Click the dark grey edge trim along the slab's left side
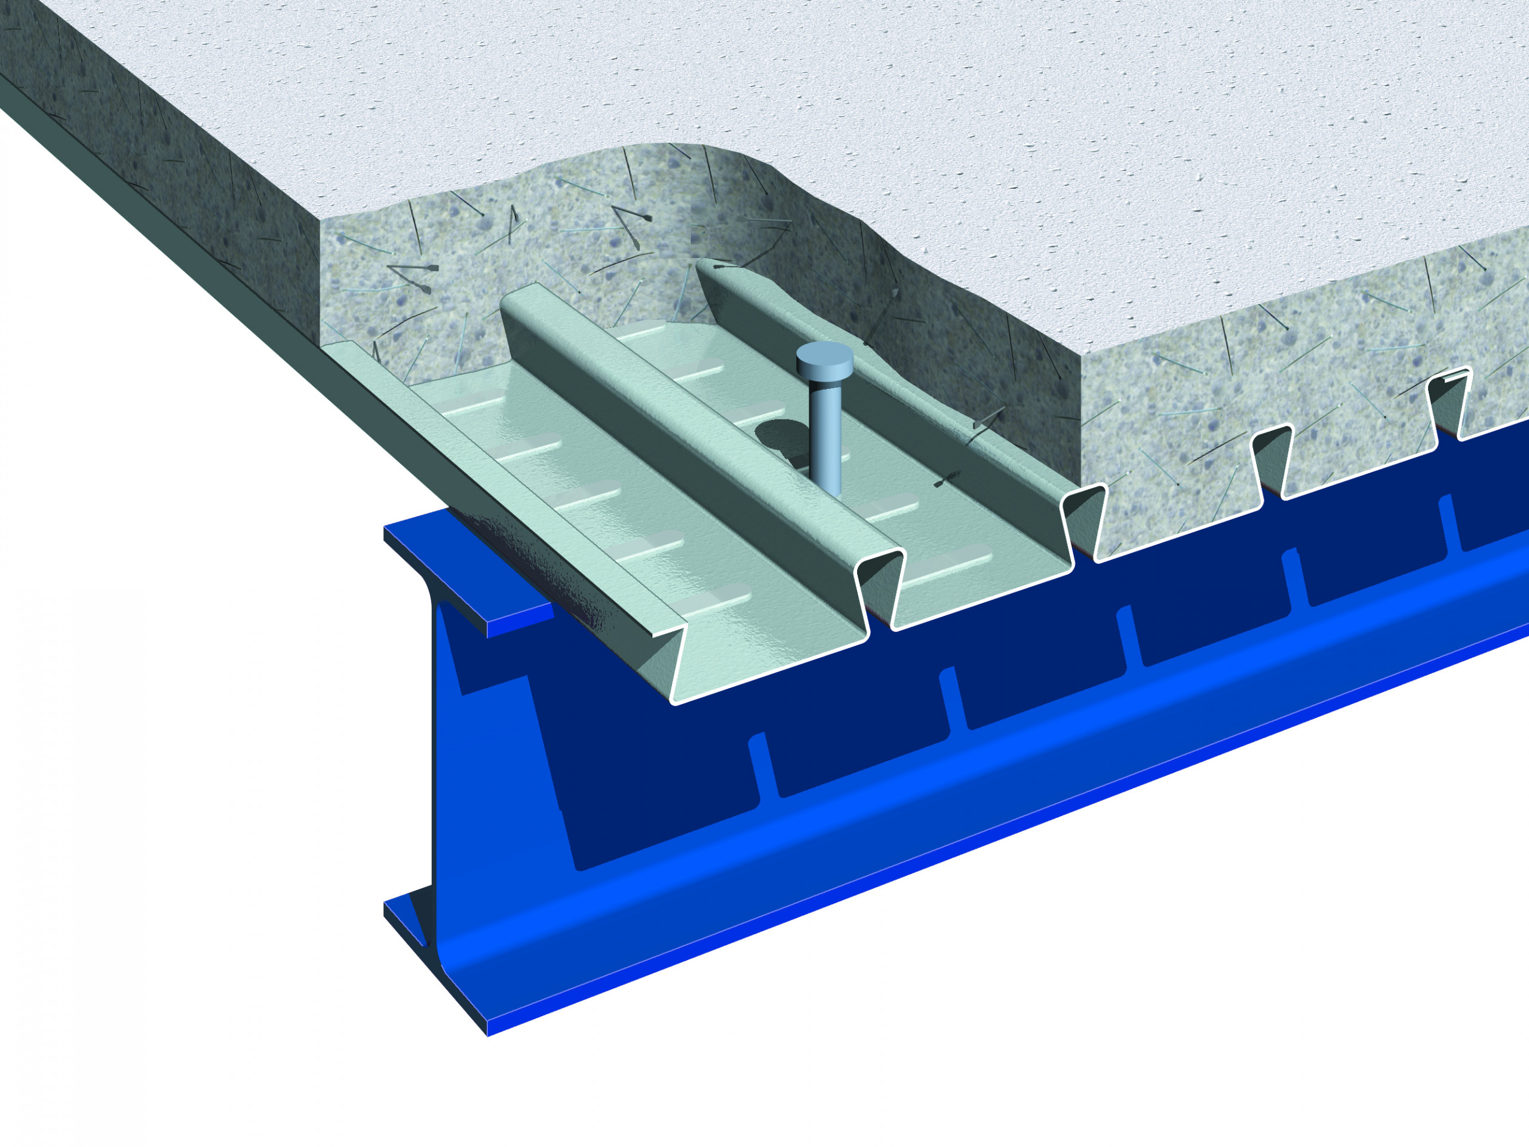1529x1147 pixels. pos(173,228)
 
